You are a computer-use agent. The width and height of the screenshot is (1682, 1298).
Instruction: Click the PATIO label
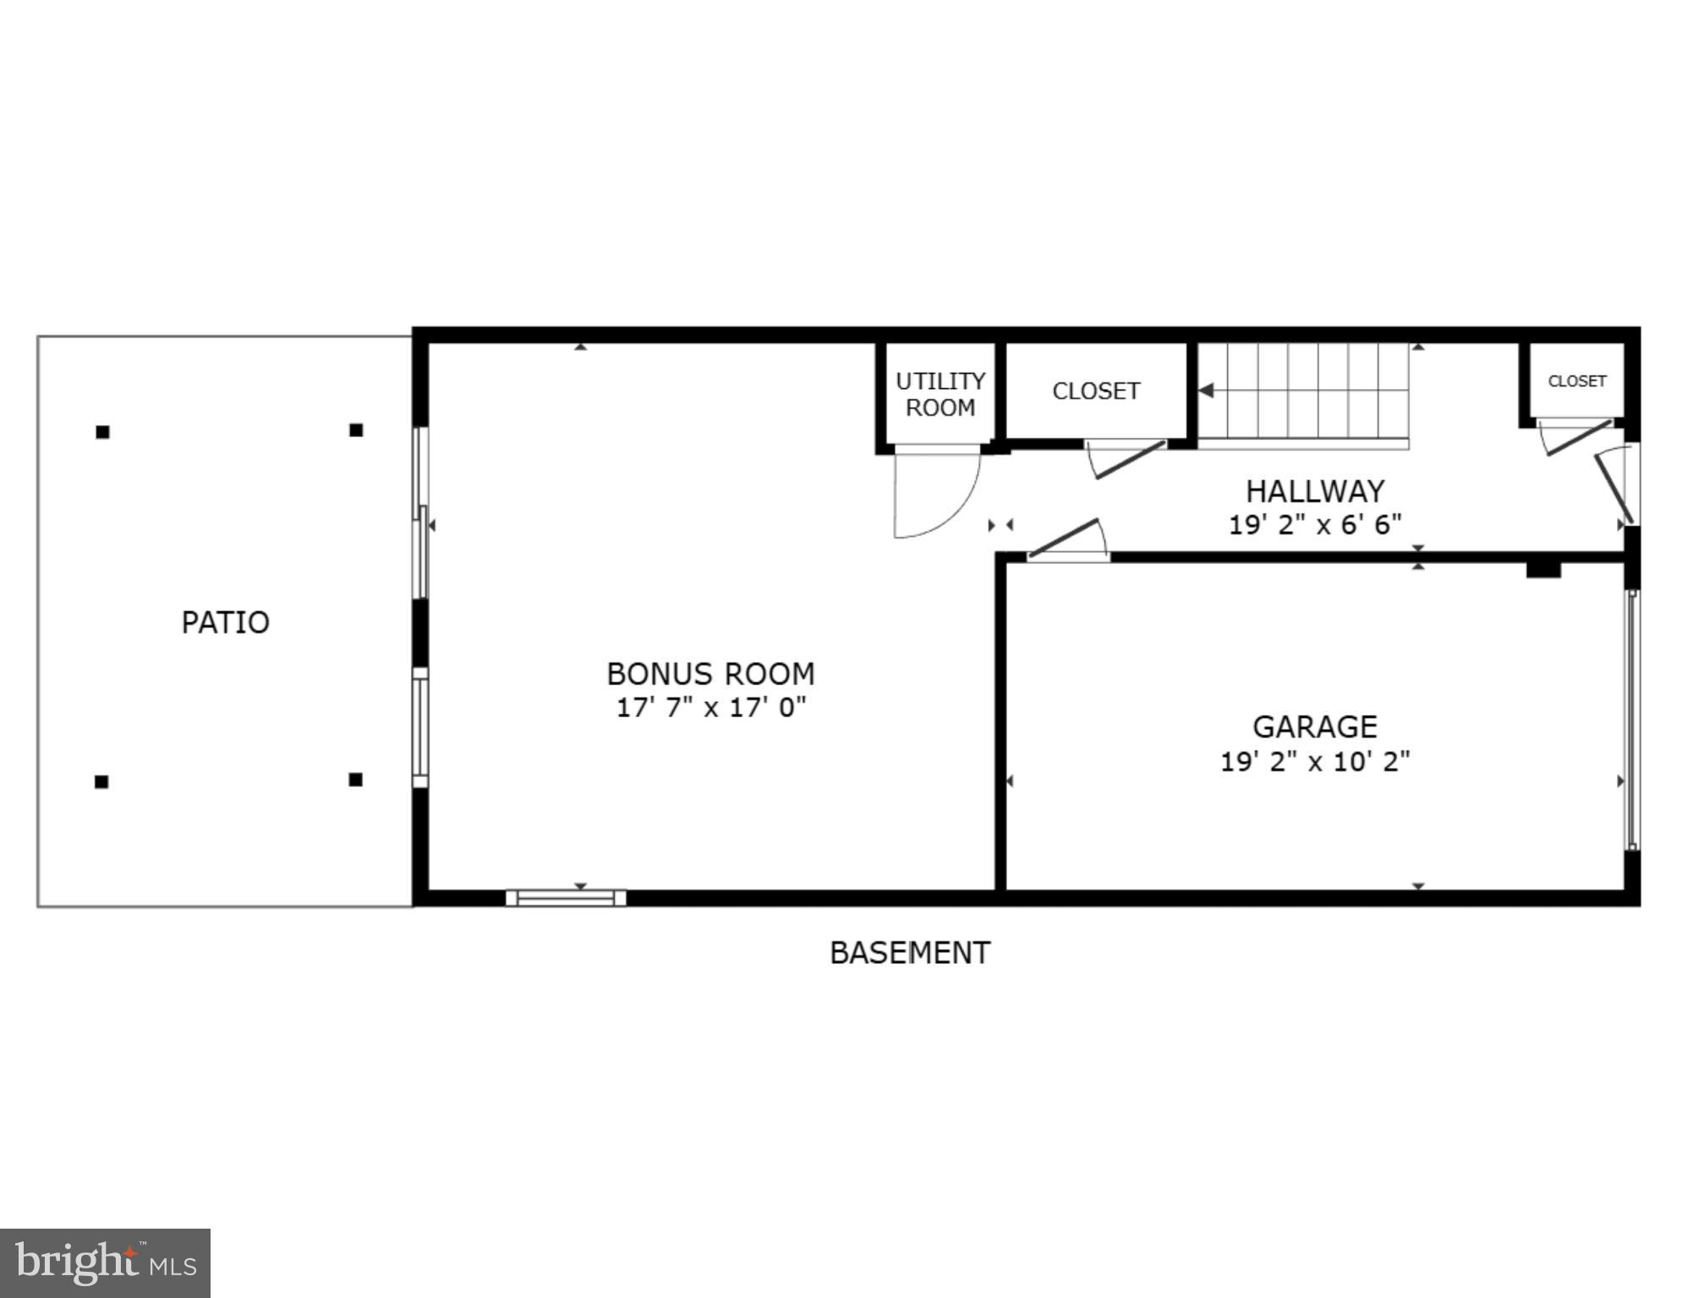coord(225,622)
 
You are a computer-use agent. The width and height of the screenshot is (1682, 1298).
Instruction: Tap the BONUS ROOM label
coord(710,674)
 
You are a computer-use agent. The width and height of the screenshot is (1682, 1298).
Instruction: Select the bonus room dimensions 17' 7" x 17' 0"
coord(710,707)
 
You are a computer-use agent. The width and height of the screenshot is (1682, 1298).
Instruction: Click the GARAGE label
coord(1314,727)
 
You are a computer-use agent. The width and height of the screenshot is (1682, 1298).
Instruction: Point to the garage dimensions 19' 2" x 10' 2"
coord(1314,762)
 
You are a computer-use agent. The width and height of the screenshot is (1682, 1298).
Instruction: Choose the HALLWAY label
coord(1314,491)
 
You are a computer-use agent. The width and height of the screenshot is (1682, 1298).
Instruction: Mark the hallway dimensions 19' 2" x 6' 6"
coord(1314,525)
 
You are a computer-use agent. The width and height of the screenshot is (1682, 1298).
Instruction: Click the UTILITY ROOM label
coord(940,394)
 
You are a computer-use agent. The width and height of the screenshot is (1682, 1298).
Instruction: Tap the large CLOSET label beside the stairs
coord(1096,391)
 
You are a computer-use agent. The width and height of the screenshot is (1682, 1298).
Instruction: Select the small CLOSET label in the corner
coord(1576,381)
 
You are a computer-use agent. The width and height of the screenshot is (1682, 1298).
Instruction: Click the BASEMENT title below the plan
coord(909,953)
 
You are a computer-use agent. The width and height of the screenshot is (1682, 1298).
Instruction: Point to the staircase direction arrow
coord(1207,391)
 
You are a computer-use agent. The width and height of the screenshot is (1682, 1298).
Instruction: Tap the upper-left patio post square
coord(102,432)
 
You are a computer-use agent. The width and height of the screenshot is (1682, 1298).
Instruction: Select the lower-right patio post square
coord(356,780)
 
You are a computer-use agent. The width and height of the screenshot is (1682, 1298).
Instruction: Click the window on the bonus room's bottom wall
coord(566,898)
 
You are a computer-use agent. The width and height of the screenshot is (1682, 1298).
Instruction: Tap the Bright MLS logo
coord(105,1263)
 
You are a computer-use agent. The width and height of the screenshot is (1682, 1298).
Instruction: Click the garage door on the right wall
coord(1632,719)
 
